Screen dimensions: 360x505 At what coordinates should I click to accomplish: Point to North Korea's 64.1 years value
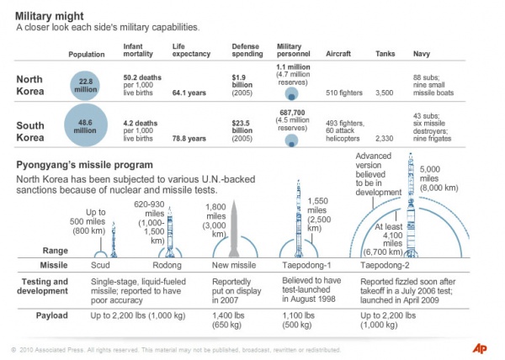(190, 94)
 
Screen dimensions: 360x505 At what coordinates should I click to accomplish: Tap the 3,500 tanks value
(385, 94)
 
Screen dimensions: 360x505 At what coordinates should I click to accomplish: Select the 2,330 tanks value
(385, 138)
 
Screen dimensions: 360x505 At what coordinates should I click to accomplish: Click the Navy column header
(423, 54)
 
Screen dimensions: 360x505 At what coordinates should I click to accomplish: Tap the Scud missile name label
(100, 264)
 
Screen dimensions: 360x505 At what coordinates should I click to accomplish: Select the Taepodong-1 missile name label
(299, 264)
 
